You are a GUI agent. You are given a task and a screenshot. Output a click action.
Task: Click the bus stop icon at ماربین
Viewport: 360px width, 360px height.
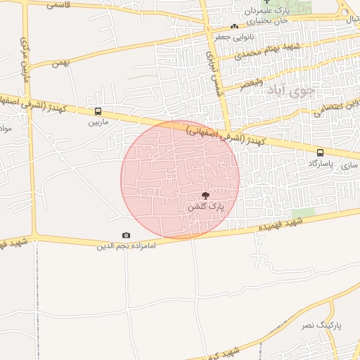click(98, 111)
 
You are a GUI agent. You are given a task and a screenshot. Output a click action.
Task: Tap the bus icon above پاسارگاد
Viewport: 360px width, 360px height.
click(321, 152)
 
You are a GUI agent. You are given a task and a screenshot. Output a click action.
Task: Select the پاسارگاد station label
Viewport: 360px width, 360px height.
click(321, 162)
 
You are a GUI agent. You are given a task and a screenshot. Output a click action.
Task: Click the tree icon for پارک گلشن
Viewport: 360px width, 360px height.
click(206, 196)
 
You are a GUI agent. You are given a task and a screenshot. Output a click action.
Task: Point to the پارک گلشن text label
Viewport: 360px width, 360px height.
click(206, 207)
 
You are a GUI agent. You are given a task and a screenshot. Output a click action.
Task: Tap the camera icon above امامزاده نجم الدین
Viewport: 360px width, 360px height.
click(126, 236)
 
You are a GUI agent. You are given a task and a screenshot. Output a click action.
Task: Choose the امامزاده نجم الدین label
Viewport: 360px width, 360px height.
click(126, 246)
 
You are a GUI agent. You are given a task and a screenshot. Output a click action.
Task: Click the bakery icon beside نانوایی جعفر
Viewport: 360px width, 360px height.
click(234, 27)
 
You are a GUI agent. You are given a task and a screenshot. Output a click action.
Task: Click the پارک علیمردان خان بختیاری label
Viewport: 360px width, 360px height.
click(266, 16)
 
